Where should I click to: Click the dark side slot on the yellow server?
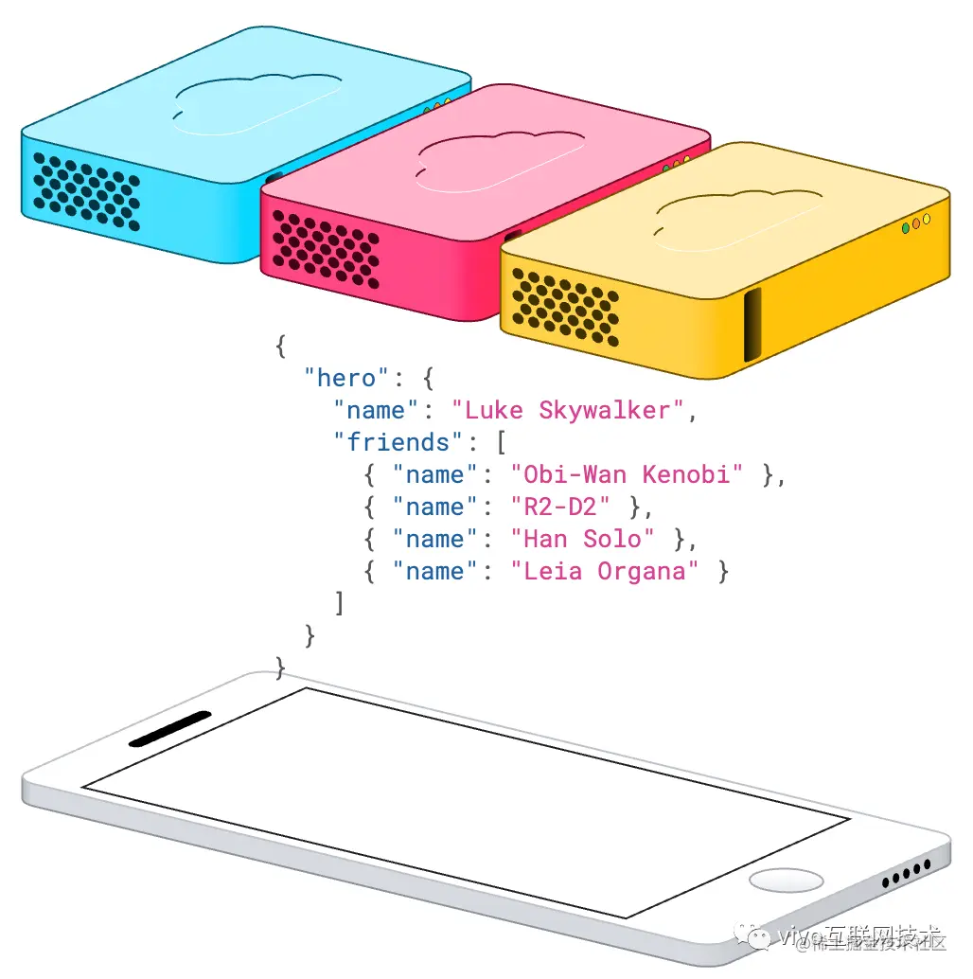(x=752, y=325)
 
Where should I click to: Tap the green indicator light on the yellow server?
(x=906, y=228)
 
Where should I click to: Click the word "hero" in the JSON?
(x=346, y=379)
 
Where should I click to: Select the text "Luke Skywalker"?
(x=567, y=411)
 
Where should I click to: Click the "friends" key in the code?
(x=398, y=442)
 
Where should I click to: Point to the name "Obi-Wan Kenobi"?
(x=627, y=474)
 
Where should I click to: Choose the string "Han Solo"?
(x=582, y=539)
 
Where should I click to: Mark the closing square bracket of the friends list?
(x=339, y=602)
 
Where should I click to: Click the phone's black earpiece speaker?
(x=169, y=727)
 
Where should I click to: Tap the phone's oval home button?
(x=786, y=880)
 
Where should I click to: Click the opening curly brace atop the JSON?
(x=280, y=346)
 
